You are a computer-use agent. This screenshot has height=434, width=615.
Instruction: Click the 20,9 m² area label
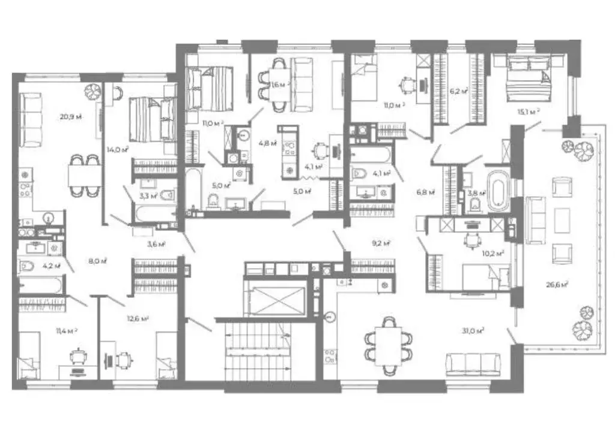click(70, 116)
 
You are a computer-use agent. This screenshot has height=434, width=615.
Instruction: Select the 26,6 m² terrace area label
click(558, 284)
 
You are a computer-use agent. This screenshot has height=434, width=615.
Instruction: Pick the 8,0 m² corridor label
click(98, 261)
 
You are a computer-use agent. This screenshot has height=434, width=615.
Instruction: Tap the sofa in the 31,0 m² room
click(473, 364)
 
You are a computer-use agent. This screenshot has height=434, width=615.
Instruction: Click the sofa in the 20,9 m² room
click(30, 119)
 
